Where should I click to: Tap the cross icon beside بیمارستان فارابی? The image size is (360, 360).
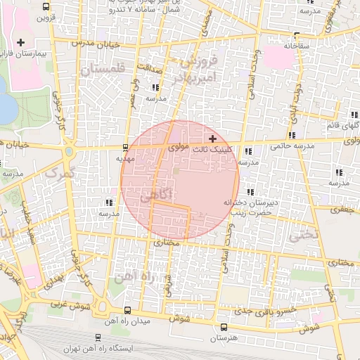point(21,43)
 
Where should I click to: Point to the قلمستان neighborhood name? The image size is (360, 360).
point(102,70)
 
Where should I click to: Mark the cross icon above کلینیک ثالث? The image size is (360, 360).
point(212,139)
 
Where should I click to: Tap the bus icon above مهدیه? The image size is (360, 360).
point(124,148)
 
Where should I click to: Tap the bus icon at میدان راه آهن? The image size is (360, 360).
point(127,310)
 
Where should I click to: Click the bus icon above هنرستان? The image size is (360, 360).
point(224,327)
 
